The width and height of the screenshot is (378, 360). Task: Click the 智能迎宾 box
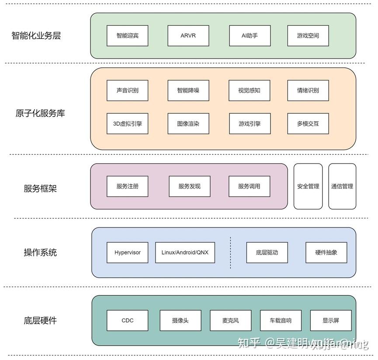pos(127,35)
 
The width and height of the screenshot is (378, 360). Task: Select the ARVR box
pos(188,35)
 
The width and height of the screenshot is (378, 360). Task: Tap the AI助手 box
pos(250,35)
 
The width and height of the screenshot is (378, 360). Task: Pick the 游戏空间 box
pos(308,35)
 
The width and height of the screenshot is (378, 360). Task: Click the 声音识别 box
pos(127,91)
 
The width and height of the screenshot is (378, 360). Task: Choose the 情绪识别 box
pos(308,91)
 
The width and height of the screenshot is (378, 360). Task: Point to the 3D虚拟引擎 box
pos(127,124)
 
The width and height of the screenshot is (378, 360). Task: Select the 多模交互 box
pos(308,124)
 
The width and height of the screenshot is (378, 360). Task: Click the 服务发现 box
pos(189,186)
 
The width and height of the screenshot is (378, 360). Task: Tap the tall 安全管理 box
pos(308,186)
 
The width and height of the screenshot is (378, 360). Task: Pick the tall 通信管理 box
pos(342,186)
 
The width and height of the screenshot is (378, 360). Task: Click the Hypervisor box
pos(128,252)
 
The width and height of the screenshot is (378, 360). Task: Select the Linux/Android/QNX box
pos(185,252)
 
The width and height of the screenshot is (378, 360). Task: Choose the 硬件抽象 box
pos(326,252)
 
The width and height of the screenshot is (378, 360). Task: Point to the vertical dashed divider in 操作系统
pos(230,252)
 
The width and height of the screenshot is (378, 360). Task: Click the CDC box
pos(127,321)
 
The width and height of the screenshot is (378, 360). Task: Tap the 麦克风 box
pos(230,321)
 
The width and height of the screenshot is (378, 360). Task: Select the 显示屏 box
pos(330,321)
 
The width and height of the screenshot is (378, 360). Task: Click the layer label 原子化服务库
pos(40,113)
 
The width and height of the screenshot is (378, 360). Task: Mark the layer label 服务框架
pos(40,189)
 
